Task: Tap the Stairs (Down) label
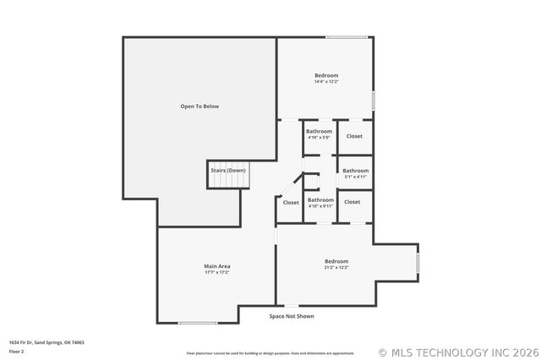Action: pyautogui.click(x=228, y=170)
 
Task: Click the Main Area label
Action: pyautogui.click(x=217, y=266)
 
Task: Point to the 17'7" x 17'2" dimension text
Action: pyautogui.click(x=217, y=272)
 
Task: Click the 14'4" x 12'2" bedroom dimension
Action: pyautogui.click(x=326, y=82)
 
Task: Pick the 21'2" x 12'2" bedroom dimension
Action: pyautogui.click(x=336, y=267)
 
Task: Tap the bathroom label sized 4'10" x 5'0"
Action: pyautogui.click(x=319, y=137)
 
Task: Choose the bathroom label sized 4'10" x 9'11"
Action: pyautogui.click(x=320, y=203)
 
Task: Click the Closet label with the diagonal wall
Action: pyautogui.click(x=291, y=203)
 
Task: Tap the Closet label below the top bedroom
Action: pyautogui.click(x=354, y=136)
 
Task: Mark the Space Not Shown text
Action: pyautogui.click(x=292, y=316)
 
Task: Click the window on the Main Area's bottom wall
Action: pyautogui.click(x=199, y=323)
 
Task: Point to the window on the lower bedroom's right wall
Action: pyautogui.click(x=417, y=263)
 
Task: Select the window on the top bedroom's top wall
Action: pyautogui.click(x=347, y=37)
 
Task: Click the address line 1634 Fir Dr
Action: pyautogui.click(x=46, y=342)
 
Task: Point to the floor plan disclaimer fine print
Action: pyautogui.click(x=270, y=352)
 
